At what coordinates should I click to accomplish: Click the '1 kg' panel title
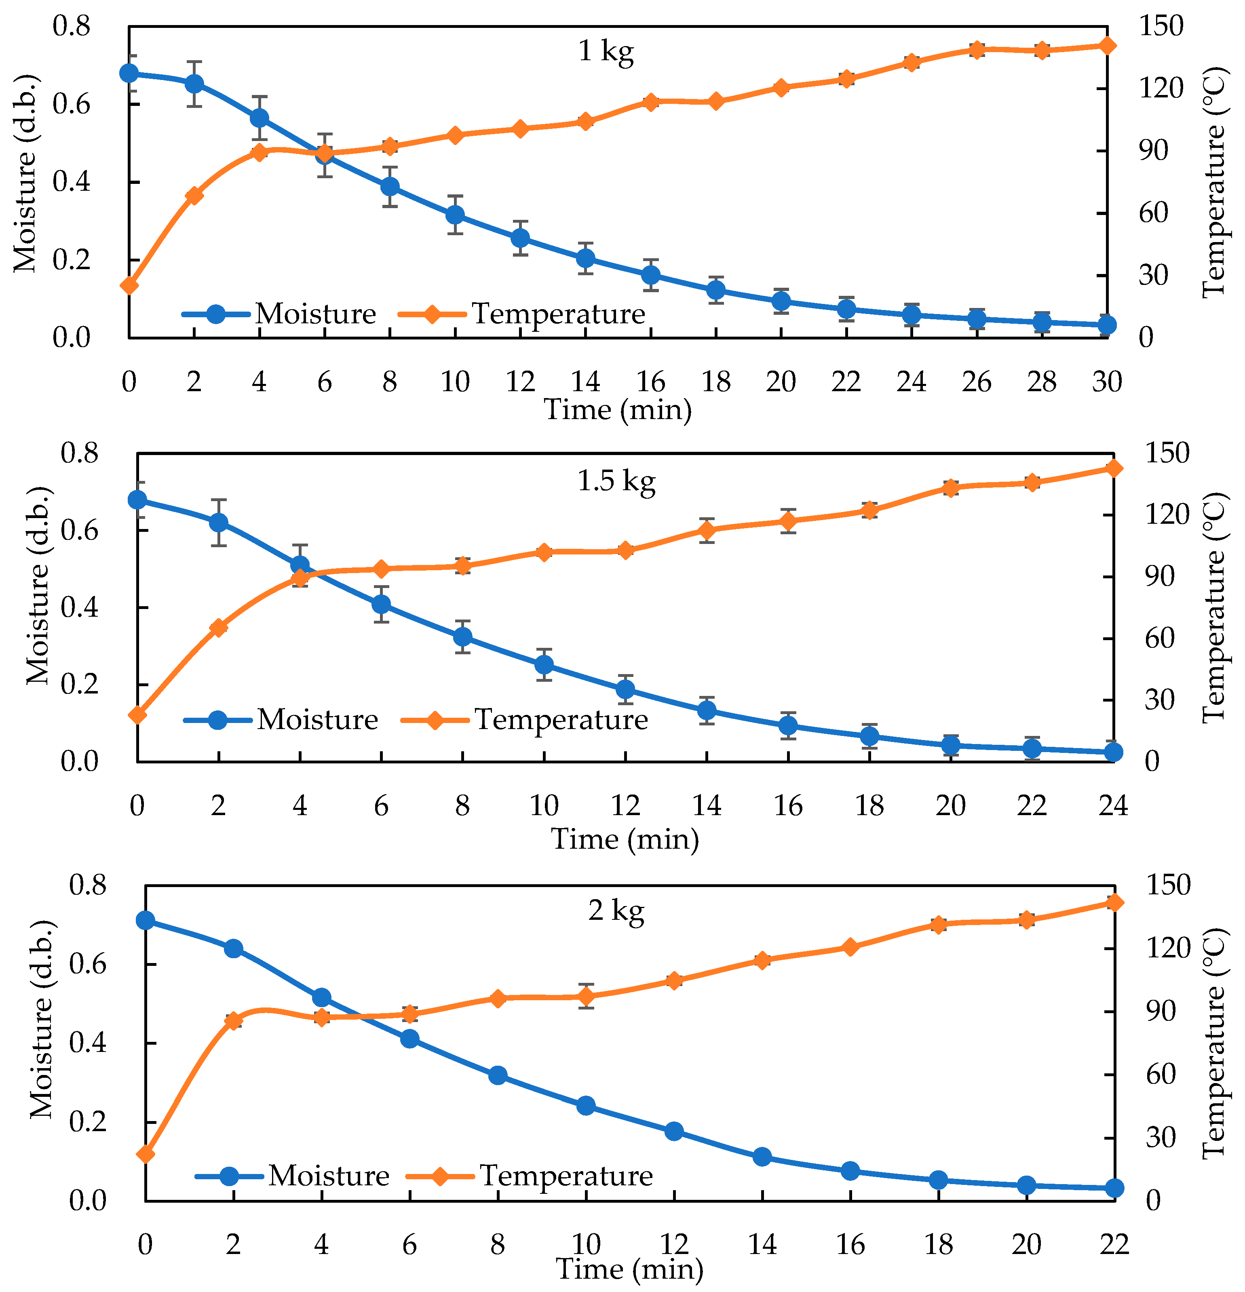606,51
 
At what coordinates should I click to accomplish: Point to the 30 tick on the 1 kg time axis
1106,381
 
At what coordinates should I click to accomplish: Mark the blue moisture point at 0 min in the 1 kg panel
129,73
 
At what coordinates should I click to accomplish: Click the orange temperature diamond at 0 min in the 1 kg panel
129,285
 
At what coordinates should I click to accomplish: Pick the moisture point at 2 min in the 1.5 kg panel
218,523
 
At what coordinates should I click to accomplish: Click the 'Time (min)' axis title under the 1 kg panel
618,410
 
